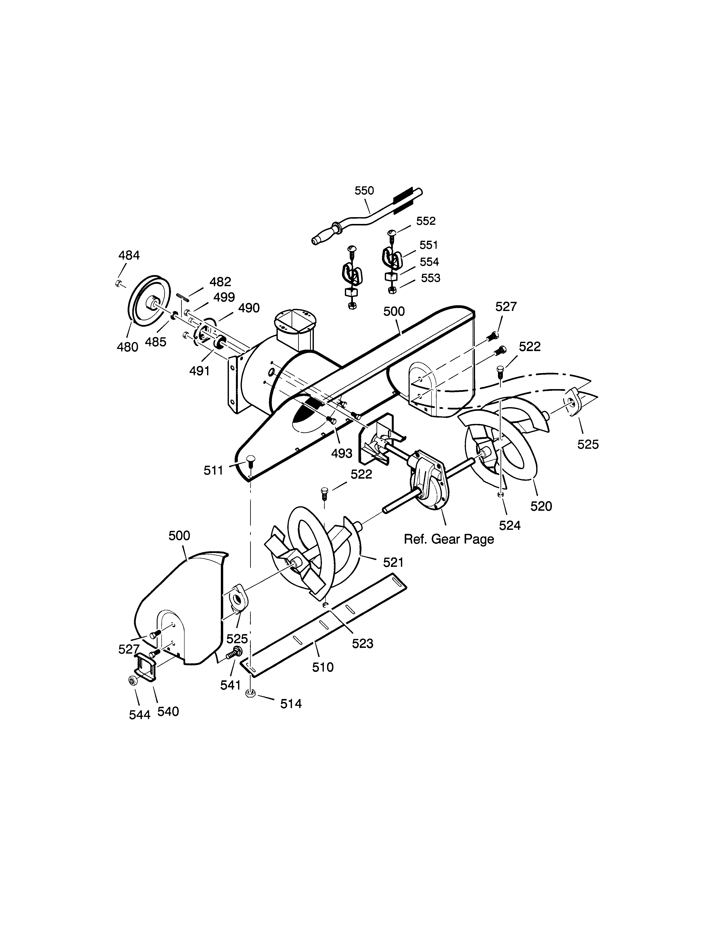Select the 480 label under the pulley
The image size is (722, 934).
click(x=127, y=347)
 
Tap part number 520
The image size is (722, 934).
click(x=541, y=506)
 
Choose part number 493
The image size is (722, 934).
click(x=341, y=453)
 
